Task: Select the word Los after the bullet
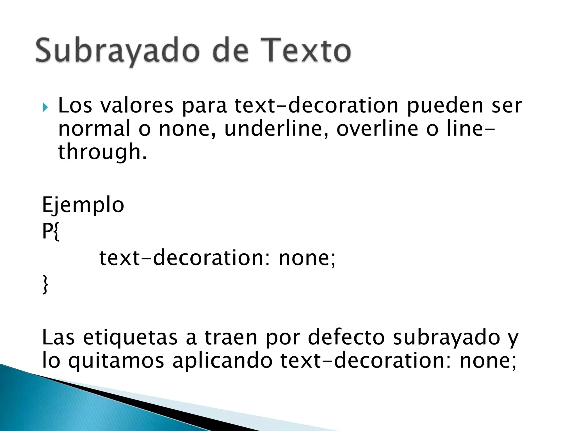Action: (x=75, y=106)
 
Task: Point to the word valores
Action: (x=137, y=106)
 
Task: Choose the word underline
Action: (x=274, y=129)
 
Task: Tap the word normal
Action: (x=94, y=129)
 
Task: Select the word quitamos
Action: (x=116, y=361)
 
